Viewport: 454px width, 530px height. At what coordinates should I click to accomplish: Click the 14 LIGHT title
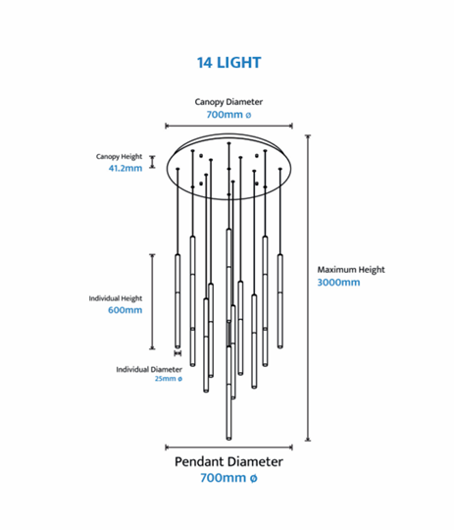[229, 63]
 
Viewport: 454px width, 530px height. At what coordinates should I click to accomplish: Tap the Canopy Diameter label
[228, 102]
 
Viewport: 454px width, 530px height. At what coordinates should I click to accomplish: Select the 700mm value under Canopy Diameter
[228, 115]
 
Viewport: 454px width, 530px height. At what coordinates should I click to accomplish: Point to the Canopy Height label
[119, 157]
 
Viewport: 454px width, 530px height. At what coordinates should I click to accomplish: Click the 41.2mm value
[126, 168]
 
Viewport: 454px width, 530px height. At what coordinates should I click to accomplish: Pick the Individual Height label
[116, 298]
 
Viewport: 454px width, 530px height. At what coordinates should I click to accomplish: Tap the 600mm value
[125, 310]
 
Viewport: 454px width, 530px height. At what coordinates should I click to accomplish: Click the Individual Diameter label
[149, 369]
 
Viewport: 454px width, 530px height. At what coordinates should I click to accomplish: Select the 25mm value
[169, 379]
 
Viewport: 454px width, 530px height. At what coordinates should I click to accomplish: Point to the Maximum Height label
[351, 270]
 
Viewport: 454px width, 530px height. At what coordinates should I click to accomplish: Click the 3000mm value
[338, 283]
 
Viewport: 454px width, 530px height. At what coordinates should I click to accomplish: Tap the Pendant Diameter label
[228, 461]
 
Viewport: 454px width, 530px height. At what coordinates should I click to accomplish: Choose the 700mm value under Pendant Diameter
[228, 478]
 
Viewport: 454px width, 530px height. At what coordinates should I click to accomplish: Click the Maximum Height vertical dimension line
[308, 288]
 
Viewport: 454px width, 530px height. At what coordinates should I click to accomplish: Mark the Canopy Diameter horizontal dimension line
[228, 126]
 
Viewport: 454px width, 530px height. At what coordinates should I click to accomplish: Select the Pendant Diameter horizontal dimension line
[228, 448]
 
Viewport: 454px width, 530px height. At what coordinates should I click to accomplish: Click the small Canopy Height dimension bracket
[152, 162]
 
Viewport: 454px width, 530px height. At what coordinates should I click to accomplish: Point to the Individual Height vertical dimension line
[152, 302]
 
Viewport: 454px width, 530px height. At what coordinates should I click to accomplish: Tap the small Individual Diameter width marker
[177, 353]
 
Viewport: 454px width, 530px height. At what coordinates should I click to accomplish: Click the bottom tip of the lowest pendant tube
[229, 440]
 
